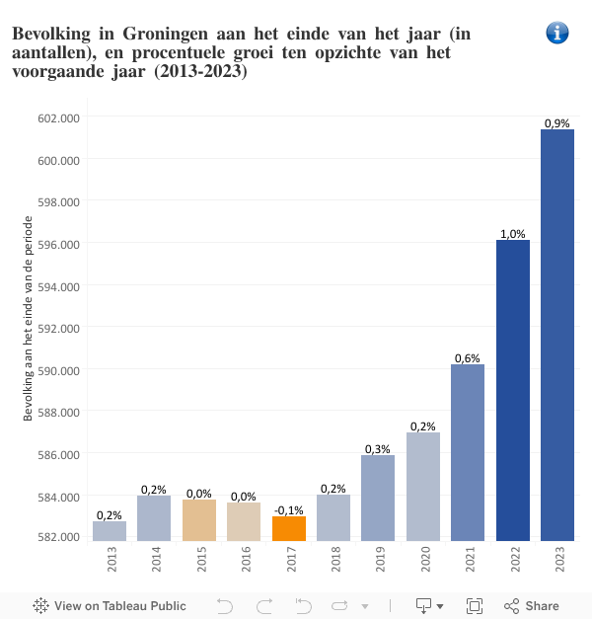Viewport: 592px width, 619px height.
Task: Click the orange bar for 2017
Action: pyautogui.click(x=289, y=529)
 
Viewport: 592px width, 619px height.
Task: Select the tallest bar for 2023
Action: pyautogui.click(x=557, y=336)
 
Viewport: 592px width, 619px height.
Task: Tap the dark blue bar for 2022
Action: pyautogui.click(x=513, y=390)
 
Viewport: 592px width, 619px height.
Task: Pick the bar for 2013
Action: pyautogui.click(x=110, y=531)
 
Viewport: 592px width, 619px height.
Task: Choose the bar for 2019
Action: pyautogui.click(x=378, y=499)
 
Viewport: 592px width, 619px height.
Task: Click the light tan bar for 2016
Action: pyautogui.click(x=244, y=522)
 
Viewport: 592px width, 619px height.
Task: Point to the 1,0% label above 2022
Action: pyautogui.click(x=513, y=234)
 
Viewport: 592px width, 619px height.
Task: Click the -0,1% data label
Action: pyautogui.click(x=288, y=509)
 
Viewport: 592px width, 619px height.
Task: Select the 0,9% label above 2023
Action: pyautogui.click(x=557, y=123)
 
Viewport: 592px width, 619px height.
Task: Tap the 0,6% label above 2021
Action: pyautogui.click(x=468, y=358)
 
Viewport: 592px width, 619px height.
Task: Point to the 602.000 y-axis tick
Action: pyautogui.click(x=58, y=117)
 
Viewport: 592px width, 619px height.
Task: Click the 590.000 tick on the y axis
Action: pyautogui.click(x=58, y=370)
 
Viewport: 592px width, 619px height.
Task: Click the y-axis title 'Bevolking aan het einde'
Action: pyautogui.click(x=29, y=330)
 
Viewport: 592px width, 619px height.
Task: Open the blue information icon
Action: pyautogui.click(x=557, y=33)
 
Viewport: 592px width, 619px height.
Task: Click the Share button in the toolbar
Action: pyautogui.click(x=532, y=606)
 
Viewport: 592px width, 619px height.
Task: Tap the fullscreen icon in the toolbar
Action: pyautogui.click(x=474, y=606)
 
